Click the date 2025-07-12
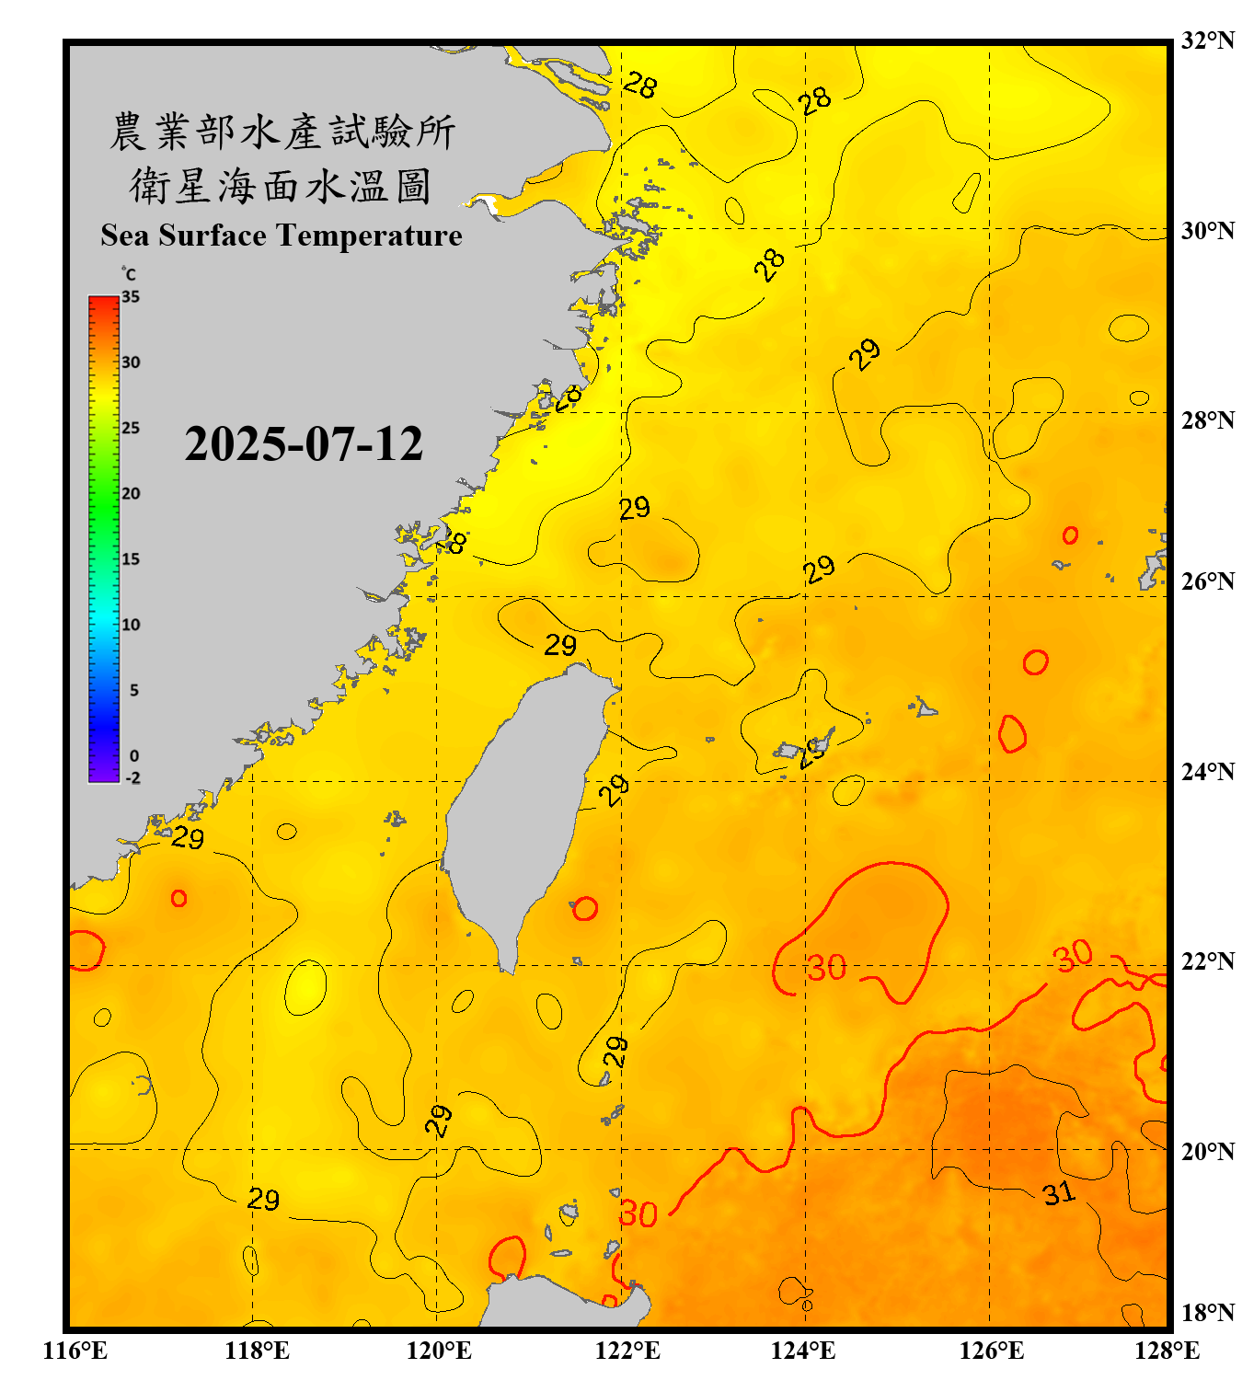(304, 444)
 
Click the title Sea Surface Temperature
(282, 236)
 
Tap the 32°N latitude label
(1207, 40)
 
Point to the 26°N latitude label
(1207, 581)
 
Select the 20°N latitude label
(1207, 1151)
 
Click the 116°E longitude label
(75, 1351)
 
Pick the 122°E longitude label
(627, 1351)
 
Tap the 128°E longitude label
(1167, 1351)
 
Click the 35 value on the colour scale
(131, 296)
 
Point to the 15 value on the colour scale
(131, 558)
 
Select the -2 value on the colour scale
(132, 777)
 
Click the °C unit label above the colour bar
(128, 274)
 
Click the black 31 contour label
(1059, 1193)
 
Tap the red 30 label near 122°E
(638, 1214)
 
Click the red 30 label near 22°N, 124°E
(826, 968)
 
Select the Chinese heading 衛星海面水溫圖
(282, 186)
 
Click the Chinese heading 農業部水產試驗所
(282, 132)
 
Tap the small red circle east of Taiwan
(585, 909)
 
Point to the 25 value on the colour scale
(131, 428)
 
